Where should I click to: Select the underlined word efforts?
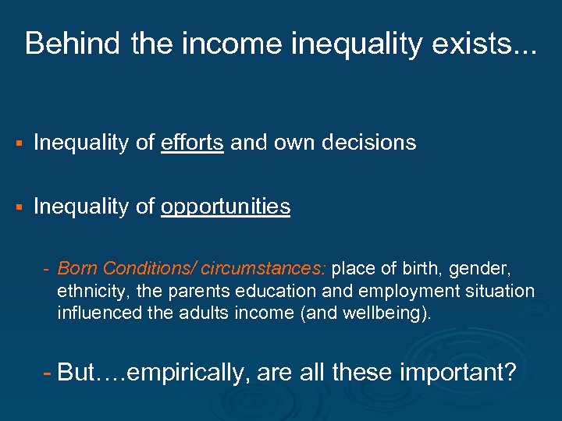click(193, 143)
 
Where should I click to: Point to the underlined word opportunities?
click(226, 207)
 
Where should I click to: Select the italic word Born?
click(76, 269)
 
